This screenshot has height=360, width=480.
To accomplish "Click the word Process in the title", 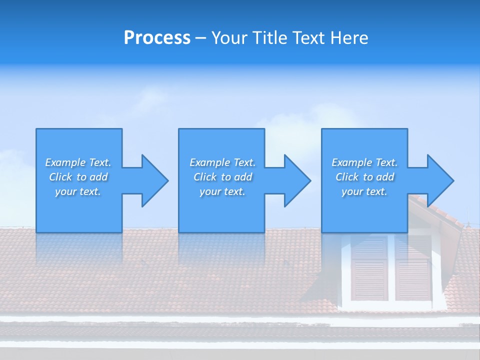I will (x=157, y=38).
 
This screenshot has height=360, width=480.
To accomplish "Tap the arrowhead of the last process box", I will (x=439, y=180).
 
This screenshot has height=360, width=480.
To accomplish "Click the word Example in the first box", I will (x=65, y=162).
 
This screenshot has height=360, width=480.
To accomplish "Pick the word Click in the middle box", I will (x=205, y=177).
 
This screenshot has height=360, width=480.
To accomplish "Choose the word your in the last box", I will (x=353, y=191).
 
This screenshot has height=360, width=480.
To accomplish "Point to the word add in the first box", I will (x=98, y=177).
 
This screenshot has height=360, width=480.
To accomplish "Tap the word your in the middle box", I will (x=211, y=191).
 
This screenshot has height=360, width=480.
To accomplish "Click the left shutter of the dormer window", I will (x=369, y=268).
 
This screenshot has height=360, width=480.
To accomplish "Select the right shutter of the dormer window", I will (x=413, y=268).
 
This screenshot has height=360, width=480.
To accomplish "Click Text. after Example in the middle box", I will (x=244, y=162).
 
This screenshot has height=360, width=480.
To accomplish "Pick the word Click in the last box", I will (x=347, y=177).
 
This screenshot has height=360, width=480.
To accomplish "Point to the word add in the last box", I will (x=385, y=177).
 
